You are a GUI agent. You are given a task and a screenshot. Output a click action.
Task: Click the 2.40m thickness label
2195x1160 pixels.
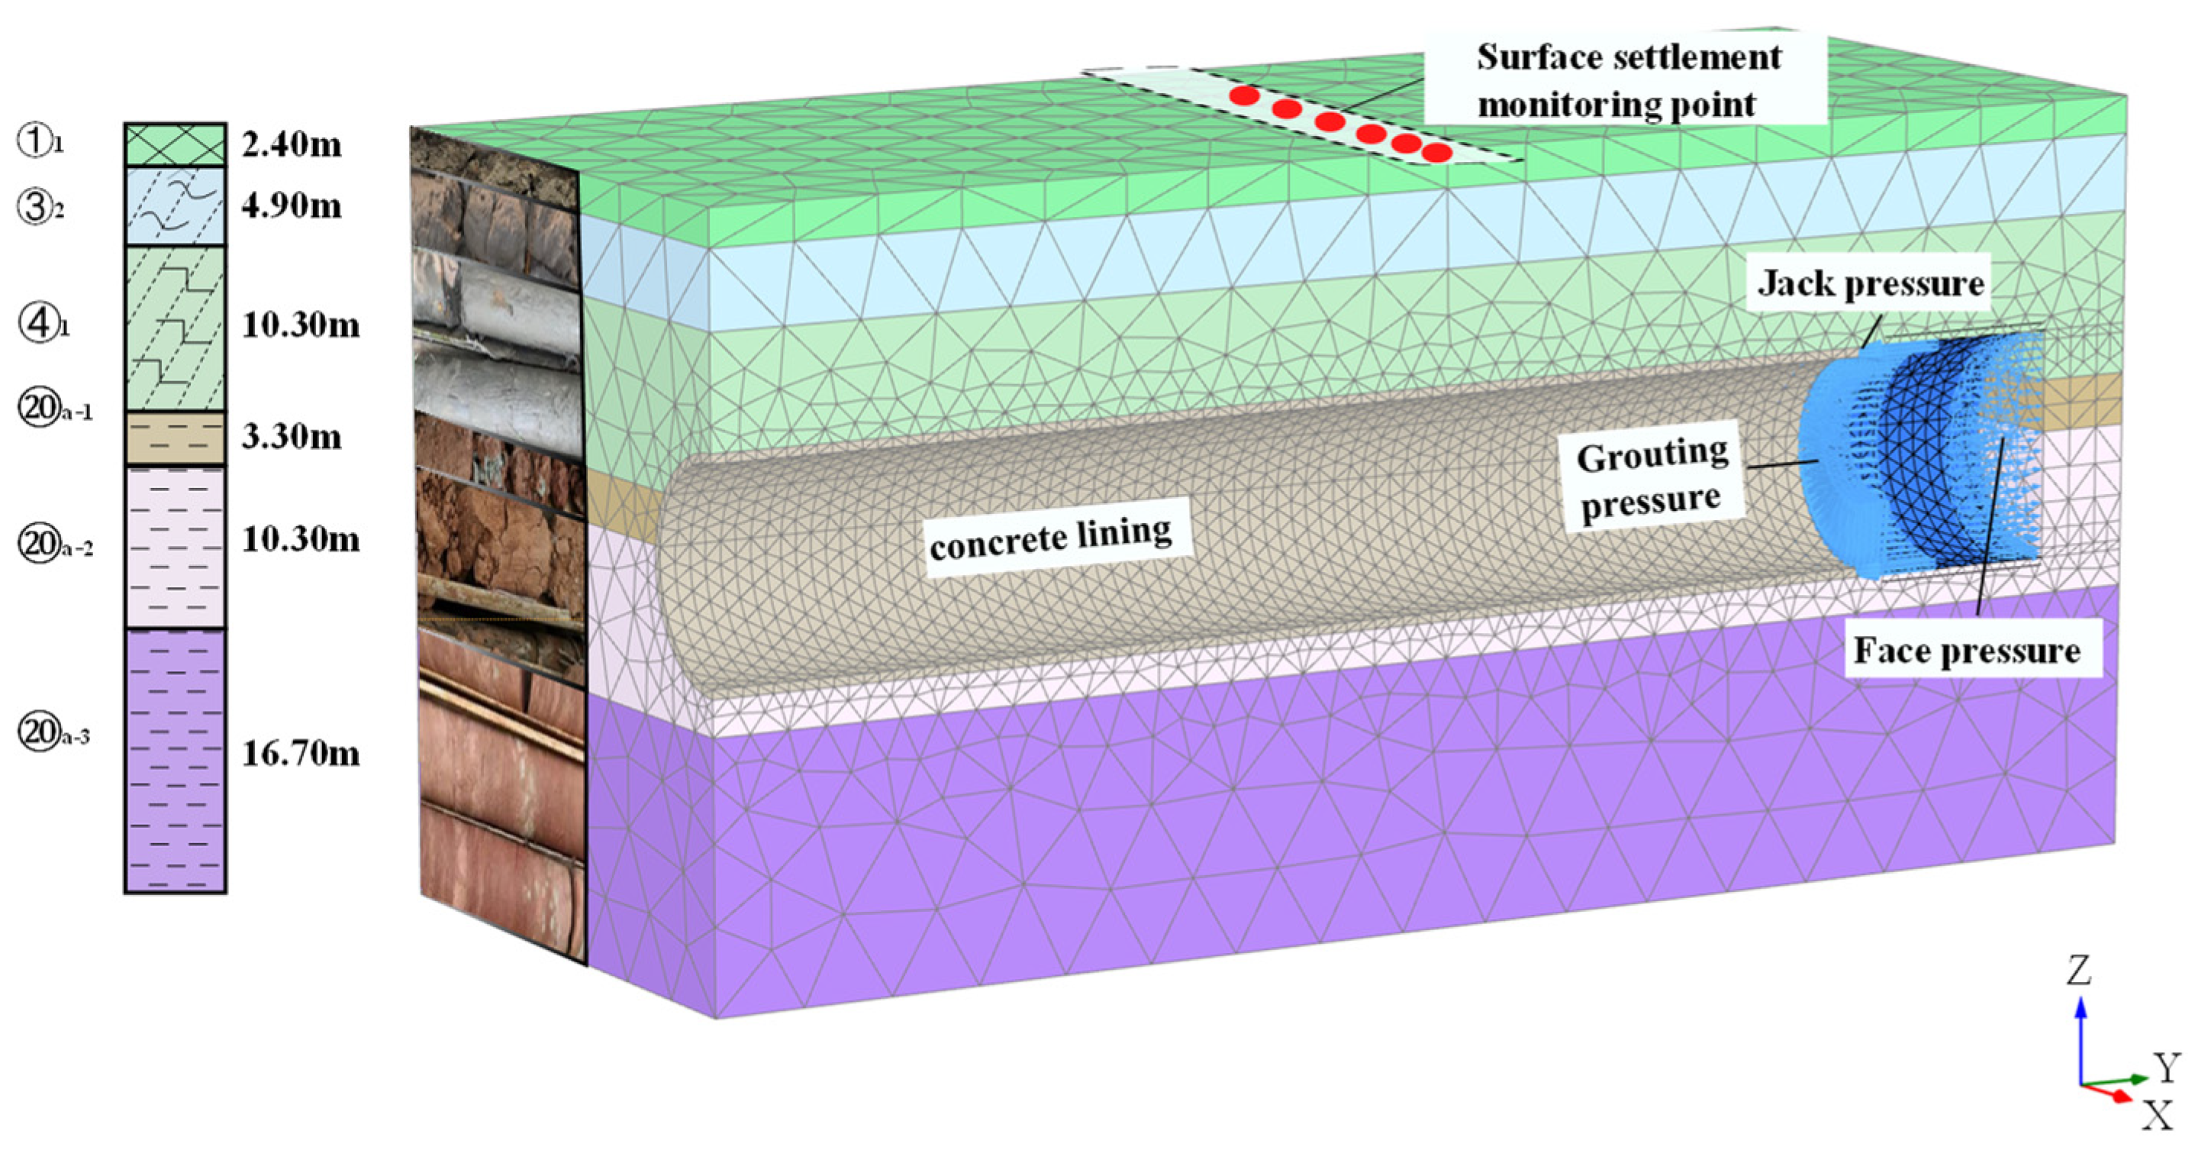tap(292, 145)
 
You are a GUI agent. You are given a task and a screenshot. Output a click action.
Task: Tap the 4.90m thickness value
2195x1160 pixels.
tap(292, 205)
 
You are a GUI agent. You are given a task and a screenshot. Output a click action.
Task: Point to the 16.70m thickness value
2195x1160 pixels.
tap(300, 754)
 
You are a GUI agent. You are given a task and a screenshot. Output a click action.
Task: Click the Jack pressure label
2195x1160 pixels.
tap(1871, 284)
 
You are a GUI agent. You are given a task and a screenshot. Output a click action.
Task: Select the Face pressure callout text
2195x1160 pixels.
tap(1967, 651)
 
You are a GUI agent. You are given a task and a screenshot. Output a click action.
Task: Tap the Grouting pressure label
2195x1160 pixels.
tap(1652, 479)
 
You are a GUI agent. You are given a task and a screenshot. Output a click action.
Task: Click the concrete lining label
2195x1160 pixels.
tap(1051, 538)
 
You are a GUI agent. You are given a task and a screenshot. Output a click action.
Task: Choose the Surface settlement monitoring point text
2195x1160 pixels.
tap(1627, 81)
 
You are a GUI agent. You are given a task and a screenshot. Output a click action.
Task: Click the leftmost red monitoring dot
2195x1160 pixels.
tap(1245, 95)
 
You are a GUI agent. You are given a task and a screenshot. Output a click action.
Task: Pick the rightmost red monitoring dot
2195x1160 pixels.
tap(1436, 153)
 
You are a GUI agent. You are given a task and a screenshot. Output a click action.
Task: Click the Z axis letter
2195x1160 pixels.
tap(2080, 971)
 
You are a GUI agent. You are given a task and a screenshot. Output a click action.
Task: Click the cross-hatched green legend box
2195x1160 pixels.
tap(176, 145)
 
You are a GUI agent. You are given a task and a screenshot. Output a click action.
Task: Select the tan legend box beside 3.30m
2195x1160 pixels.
tap(176, 438)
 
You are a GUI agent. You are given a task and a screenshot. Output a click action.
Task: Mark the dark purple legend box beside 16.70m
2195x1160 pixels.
tap(176, 761)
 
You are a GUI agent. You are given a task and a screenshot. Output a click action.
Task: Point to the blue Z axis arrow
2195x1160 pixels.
tap(2081, 1040)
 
